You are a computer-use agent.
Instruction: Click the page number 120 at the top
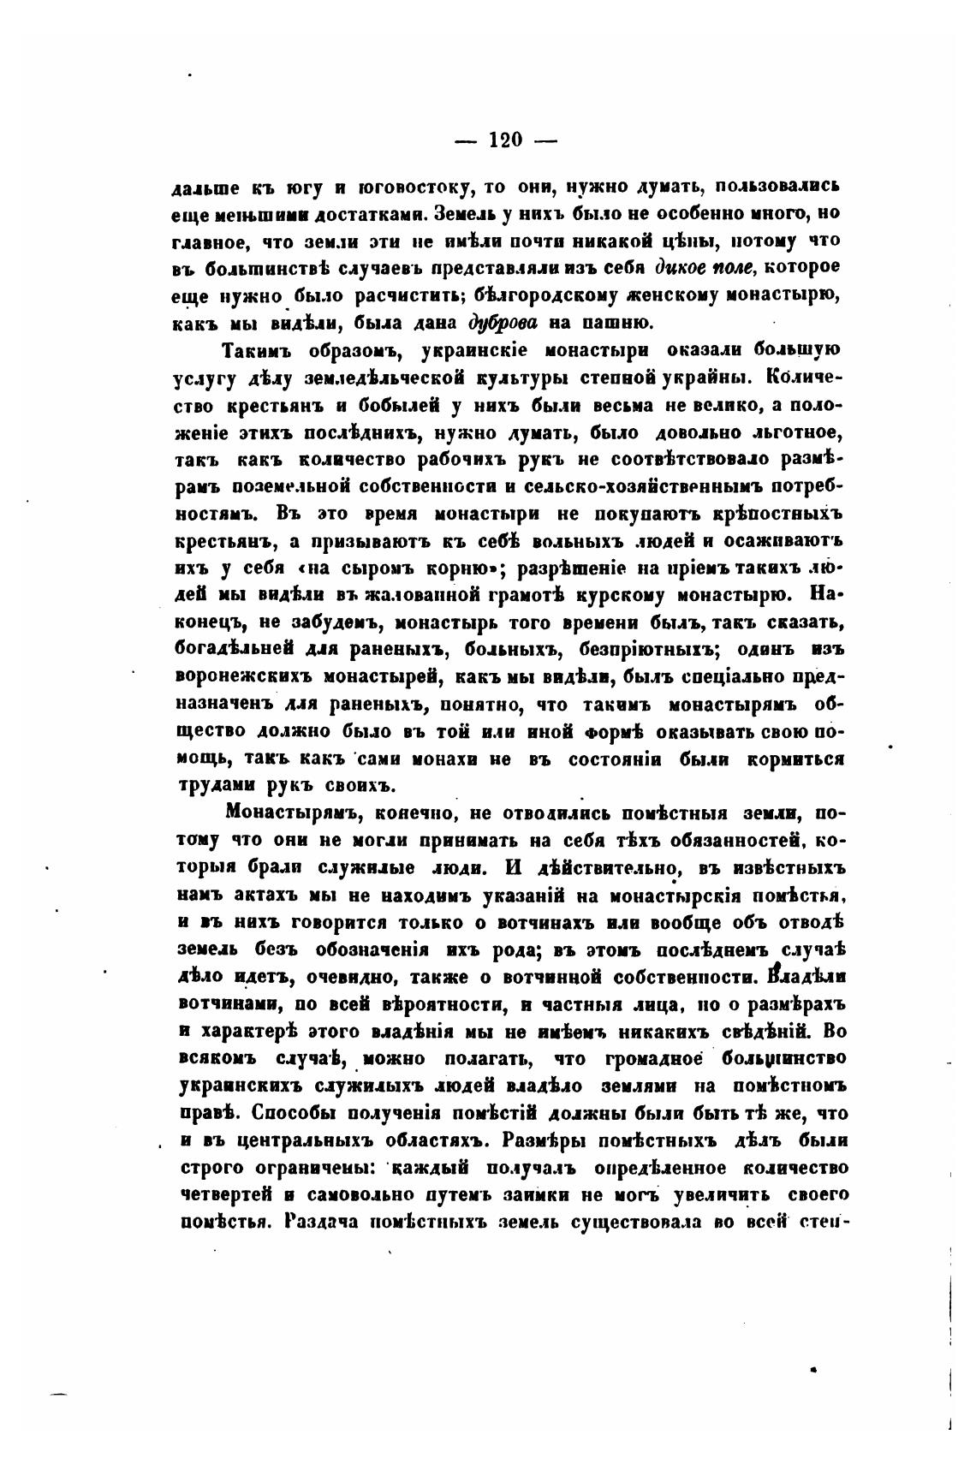tap(505, 139)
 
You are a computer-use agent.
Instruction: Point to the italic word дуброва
tap(503, 323)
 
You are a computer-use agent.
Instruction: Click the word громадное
tap(653, 1058)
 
